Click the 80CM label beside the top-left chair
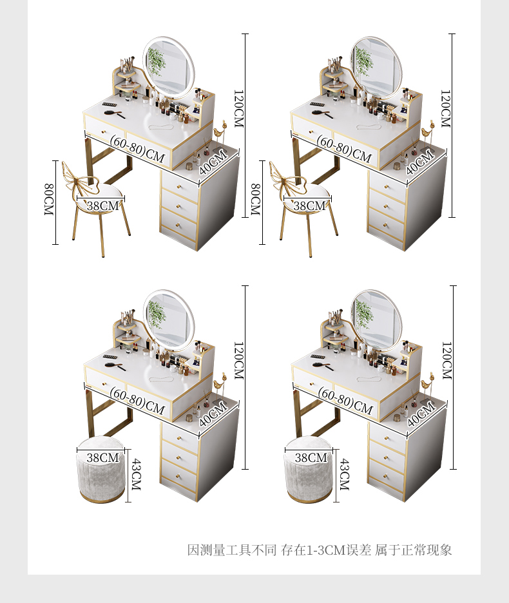pos(48,199)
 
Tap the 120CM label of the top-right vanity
pos(445,109)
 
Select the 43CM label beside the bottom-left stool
pos(136,474)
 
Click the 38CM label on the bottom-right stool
pos(311,457)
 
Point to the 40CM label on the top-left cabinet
pos(213,162)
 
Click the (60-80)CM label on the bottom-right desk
pos(345,401)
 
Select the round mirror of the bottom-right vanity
pos(376,320)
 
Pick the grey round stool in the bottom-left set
pos(101,469)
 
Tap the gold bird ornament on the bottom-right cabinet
pos(427,383)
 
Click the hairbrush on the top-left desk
pos(115,114)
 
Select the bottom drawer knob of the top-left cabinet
pos(178,225)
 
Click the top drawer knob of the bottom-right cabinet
pos(387,438)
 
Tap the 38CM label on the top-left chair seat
pos(102,206)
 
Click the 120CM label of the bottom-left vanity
pos(238,360)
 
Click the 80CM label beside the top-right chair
pos(255,199)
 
